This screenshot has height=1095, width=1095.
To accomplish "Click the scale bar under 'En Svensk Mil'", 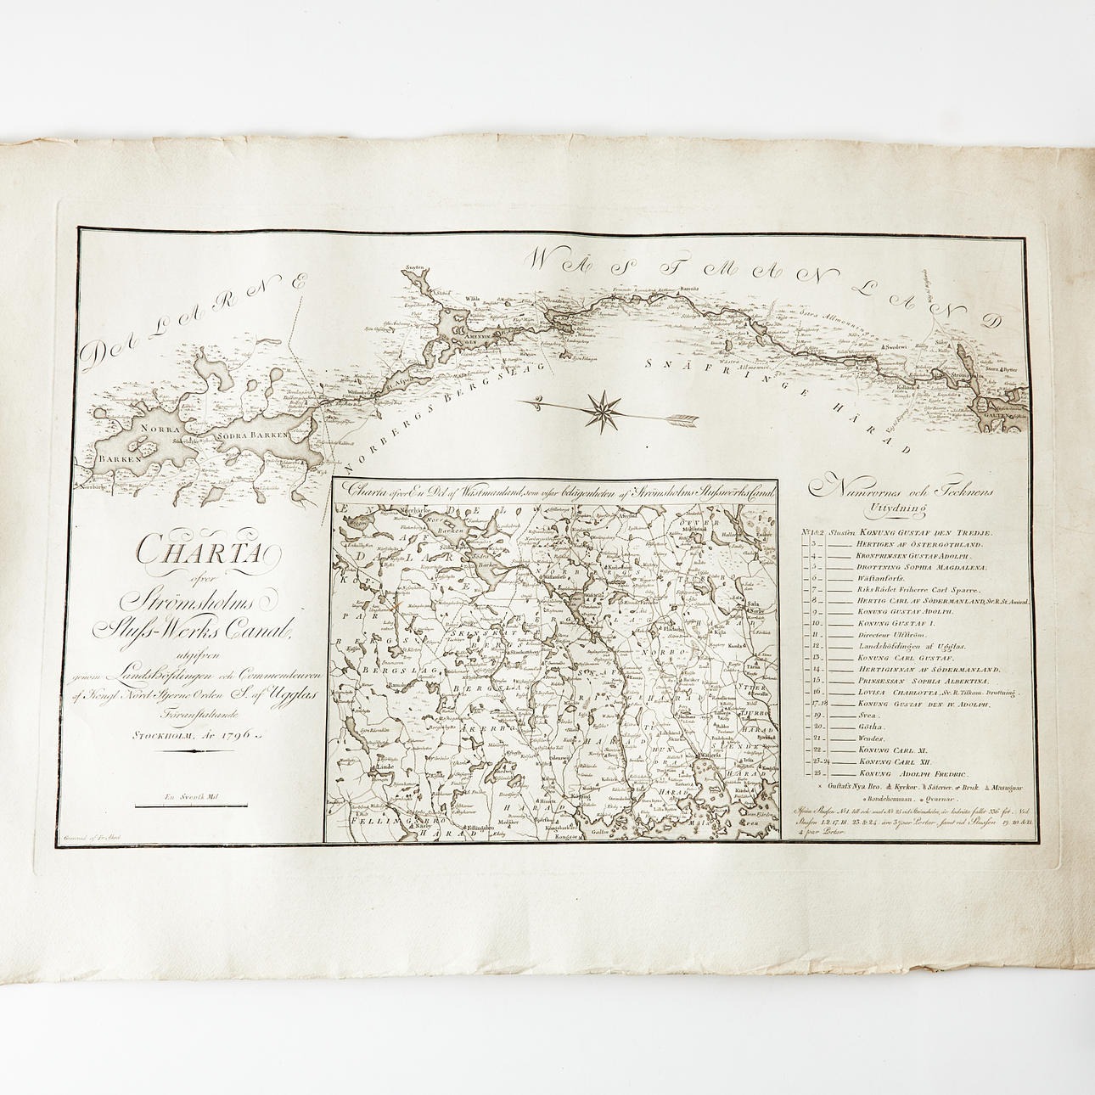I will tap(188, 810).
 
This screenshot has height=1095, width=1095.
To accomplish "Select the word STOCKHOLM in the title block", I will tap(164, 738).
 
